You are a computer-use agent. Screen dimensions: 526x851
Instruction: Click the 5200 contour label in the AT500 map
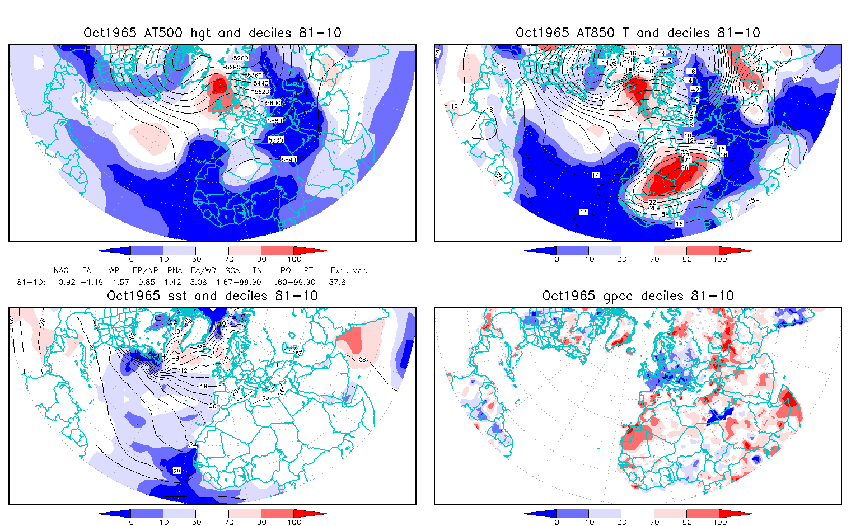pyautogui.click(x=241, y=58)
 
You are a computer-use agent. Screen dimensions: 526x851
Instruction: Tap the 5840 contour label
pyautogui.click(x=288, y=160)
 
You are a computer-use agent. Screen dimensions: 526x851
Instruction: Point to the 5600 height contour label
pyautogui.click(x=273, y=103)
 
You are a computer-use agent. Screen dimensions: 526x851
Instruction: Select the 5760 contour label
pyautogui.click(x=276, y=140)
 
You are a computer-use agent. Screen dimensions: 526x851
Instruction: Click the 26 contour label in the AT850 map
pyautogui.click(x=684, y=167)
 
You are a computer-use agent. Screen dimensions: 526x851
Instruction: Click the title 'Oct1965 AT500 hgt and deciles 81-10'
pyautogui.click(x=212, y=33)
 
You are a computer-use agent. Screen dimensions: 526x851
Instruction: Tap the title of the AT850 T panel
pyautogui.click(x=638, y=33)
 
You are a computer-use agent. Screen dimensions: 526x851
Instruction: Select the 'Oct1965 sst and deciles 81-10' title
pyautogui.click(x=212, y=296)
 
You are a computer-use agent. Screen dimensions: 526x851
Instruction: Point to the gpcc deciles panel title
pyautogui.click(x=638, y=296)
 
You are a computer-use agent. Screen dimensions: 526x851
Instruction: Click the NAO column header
pyautogui.click(x=61, y=271)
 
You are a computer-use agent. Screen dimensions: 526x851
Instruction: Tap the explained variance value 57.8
pyautogui.click(x=337, y=283)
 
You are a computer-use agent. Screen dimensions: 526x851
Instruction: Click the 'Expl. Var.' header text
pyautogui.click(x=349, y=271)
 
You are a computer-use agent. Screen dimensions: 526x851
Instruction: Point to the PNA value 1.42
pyautogui.click(x=172, y=283)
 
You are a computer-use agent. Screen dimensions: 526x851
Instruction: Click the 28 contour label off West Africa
pyautogui.click(x=177, y=471)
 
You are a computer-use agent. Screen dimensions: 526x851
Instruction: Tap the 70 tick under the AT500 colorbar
pyautogui.click(x=228, y=259)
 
